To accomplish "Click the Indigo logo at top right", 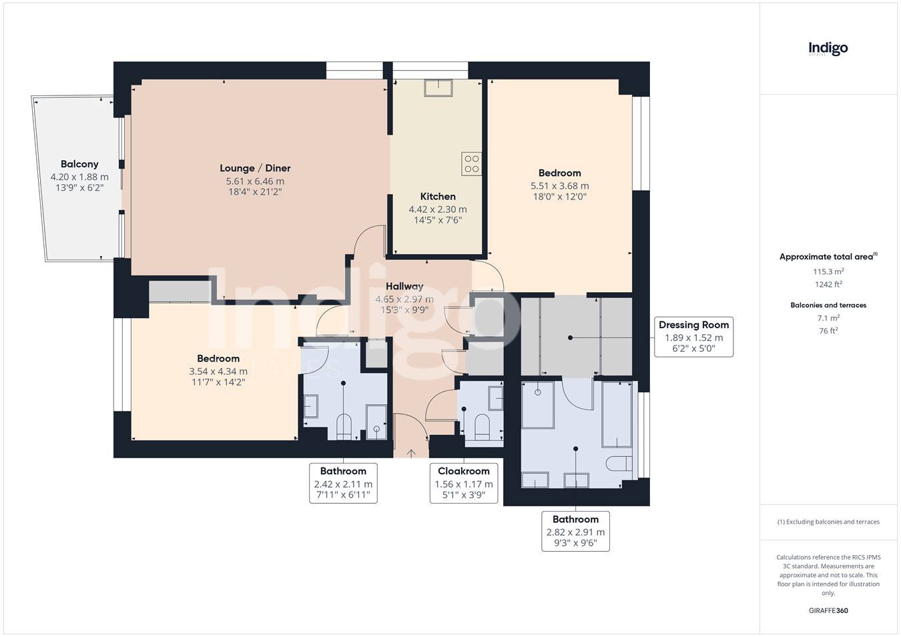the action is [828, 49].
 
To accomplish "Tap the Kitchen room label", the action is [438, 197].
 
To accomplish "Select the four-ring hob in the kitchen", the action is [471, 163].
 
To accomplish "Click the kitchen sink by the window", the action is [438, 88].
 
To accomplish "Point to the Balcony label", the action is [79, 164].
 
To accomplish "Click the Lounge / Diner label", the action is [255, 168].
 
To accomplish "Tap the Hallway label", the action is [404, 286].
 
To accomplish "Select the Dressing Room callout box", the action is [693, 337].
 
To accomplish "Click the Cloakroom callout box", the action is [464, 483].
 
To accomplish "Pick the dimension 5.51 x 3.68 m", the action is [559, 185].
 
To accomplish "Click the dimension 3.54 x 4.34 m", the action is [218, 372].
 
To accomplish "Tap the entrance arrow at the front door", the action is [410, 454].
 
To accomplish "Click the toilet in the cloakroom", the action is [483, 427].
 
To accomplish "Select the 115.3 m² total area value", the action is [828, 271].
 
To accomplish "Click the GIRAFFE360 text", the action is [828, 610].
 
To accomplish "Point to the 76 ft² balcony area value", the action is [828, 330].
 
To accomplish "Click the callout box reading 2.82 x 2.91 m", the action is [575, 532].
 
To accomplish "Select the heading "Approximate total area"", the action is [826, 257].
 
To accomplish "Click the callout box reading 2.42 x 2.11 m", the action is [343, 483].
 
